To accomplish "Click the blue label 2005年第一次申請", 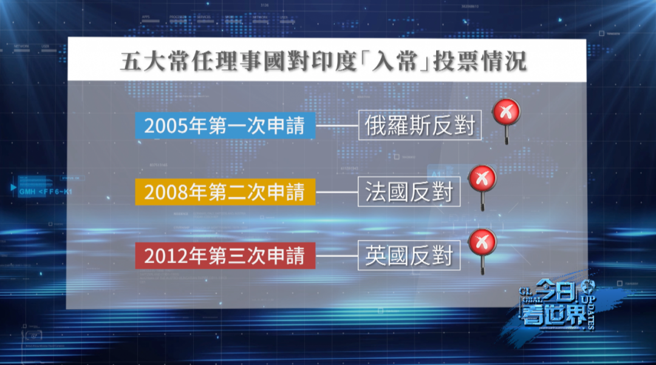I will point(225,126).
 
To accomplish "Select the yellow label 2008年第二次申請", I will point(225,193).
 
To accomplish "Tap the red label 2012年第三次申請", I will point(225,256).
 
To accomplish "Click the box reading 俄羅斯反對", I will point(420,126).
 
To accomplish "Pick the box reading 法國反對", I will point(409,193).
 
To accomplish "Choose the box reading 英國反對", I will point(409,256).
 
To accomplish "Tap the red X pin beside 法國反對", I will point(482,178).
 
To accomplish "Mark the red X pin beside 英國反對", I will point(482,243).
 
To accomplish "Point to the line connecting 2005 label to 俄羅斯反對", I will point(337,126).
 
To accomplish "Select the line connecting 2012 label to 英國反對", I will point(337,256).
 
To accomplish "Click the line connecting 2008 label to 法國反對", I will point(337,193).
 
